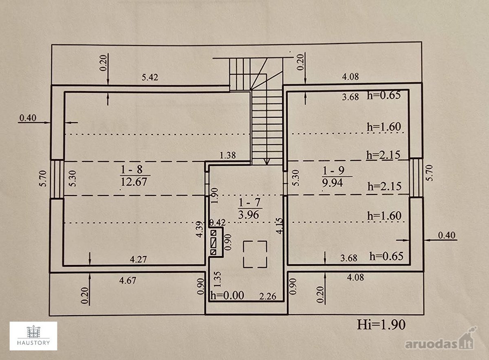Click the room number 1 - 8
tap(132, 169)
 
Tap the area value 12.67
tap(134, 182)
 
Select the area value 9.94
tap(333, 183)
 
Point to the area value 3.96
tap(249, 215)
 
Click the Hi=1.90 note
tap(381, 325)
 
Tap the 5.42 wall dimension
tap(150, 77)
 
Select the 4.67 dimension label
tap(128, 280)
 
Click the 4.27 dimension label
tap(139, 259)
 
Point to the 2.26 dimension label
tap(268, 296)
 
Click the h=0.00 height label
tap(227, 295)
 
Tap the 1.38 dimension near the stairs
tap(228, 155)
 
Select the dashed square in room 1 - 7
tap(255, 254)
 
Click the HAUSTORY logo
tap(33, 336)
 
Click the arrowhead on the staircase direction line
tap(267, 162)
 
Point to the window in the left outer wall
tap(57, 179)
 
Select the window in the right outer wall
tap(416, 178)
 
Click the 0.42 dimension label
tap(218, 223)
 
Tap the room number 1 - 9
tap(333, 170)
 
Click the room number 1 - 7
tap(249, 202)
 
